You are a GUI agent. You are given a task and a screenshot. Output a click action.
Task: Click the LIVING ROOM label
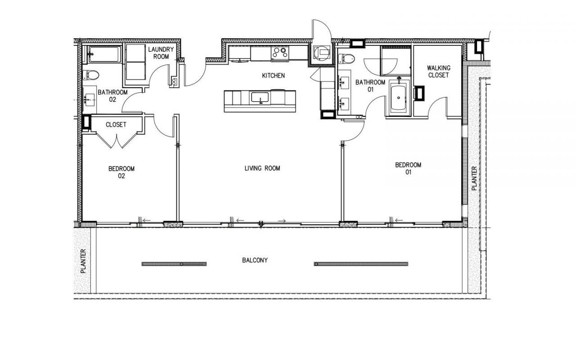click(262, 168)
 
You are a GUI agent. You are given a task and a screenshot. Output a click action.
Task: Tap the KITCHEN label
click(273, 76)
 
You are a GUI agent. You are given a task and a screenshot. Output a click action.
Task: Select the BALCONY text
click(255, 260)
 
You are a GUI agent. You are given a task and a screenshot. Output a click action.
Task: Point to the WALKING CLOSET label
click(438, 72)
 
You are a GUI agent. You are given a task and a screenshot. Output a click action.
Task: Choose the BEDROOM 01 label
click(408, 168)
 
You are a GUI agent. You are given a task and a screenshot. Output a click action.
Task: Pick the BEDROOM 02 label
click(121, 172)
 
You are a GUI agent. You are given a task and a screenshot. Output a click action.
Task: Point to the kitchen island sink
click(260, 97)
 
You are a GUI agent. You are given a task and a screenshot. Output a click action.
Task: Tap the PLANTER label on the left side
click(83, 261)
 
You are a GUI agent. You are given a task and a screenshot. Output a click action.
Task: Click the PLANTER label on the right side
click(474, 179)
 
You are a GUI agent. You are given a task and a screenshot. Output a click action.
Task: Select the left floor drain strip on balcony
click(174, 264)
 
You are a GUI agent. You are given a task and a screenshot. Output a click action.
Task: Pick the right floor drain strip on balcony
click(361, 264)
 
